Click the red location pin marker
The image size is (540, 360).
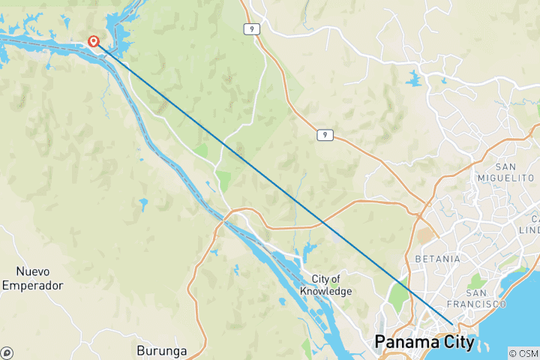click(x=94, y=41)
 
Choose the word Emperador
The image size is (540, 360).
click(x=32, y=285)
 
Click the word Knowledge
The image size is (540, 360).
click(x=325, y=291)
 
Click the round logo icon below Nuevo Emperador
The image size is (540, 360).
click(x=7, y=352)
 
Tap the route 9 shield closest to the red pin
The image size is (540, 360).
click(x=252, y=28)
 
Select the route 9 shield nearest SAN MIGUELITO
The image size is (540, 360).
click(x=324, y=135)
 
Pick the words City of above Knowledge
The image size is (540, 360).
click(x=326, y=279)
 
